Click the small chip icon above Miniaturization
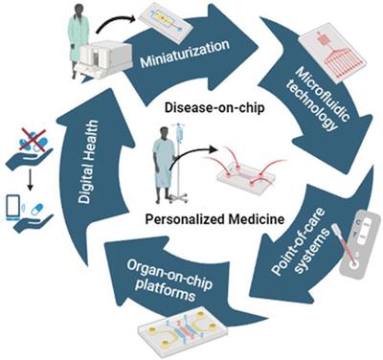[165, 20]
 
